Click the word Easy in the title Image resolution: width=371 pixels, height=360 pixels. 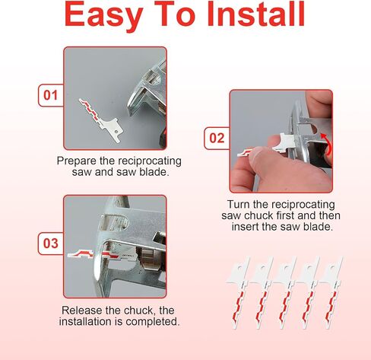(103, 15)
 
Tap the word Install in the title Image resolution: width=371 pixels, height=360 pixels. (256, 14)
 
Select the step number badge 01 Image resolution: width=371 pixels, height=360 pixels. (50, 95)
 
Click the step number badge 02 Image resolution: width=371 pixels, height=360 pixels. (217, 139)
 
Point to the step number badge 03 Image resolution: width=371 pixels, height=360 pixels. (51, 244)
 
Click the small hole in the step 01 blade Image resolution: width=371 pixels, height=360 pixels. (116, 132)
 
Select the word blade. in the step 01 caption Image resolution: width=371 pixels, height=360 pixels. (154, 172)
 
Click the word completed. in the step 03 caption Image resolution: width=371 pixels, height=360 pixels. (153, 322)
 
